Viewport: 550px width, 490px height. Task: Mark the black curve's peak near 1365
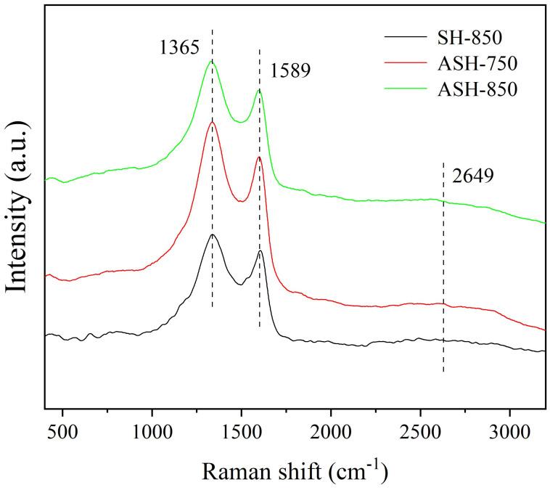pos(212,234)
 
